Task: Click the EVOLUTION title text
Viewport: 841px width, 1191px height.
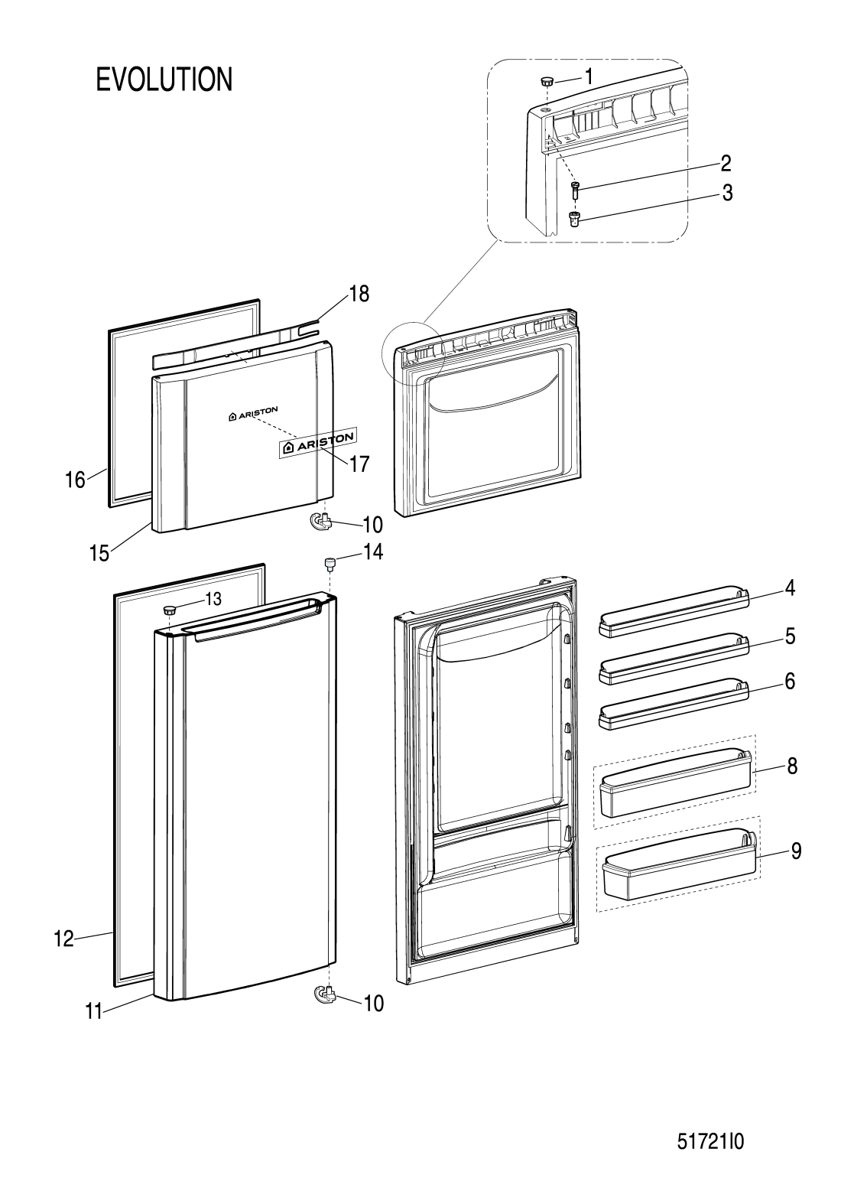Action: [164, 80]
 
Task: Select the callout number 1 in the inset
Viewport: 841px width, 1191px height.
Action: [588, 77]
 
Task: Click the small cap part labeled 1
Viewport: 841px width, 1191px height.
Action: [547, 82]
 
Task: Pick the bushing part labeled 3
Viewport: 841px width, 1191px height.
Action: [573, 219]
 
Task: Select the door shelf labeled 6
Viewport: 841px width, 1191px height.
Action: [674, 704]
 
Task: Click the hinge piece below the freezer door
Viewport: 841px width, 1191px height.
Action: [320, 521]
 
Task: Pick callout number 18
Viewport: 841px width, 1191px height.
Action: [359, 294]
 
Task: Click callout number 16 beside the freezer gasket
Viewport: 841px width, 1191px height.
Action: [75, 480]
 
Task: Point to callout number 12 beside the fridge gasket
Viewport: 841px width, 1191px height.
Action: [63, 939]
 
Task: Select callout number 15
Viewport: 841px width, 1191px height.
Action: [99, 554]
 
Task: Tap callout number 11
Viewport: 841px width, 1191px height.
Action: [94, 1012]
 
